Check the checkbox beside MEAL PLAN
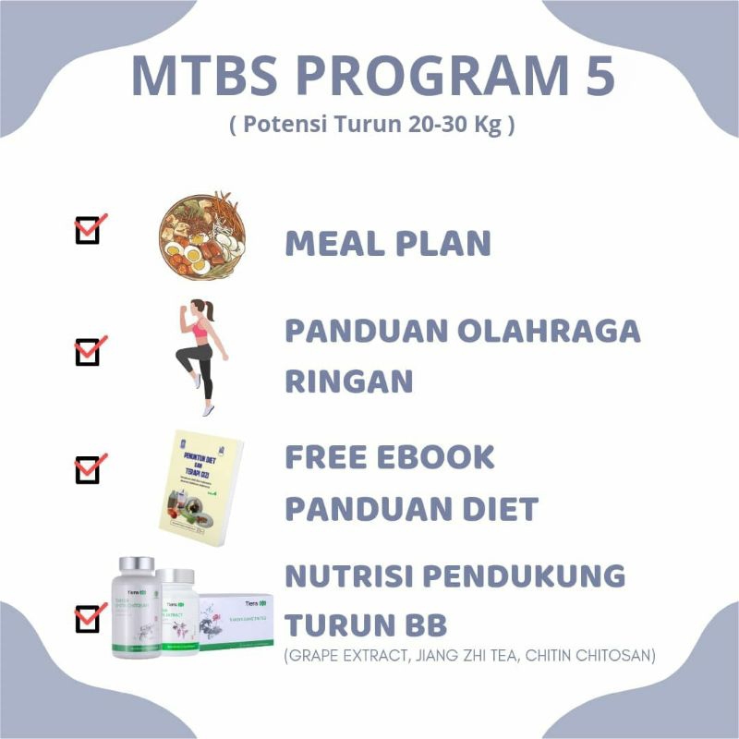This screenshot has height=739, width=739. click(x=87, y=230)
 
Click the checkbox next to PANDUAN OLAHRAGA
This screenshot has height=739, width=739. click(x=87, y=352)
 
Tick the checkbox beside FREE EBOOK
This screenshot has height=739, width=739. click(x=87, y=469)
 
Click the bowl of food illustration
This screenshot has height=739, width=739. click(x=201, y=236)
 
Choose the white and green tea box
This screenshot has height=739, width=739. click(x=236, y=621)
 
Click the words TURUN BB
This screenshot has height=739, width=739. click(x=366, y=624)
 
